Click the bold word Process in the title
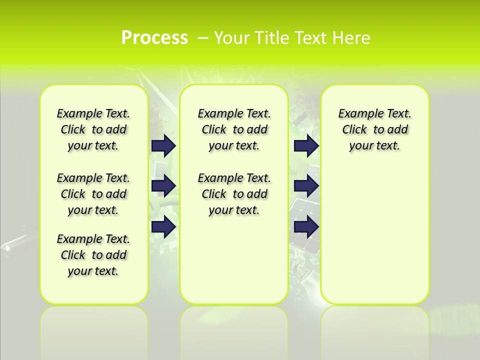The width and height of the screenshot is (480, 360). click(x=154, y=38)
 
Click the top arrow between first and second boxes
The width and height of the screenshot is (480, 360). click(x=163, y=145)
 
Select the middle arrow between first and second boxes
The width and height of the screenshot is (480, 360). click(x=163, y=186)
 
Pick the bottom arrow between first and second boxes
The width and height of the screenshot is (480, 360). click(x=163, y=226)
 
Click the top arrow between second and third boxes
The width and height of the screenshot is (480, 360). click(x=306, y=145)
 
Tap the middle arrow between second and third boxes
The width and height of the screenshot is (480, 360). click(x=306, y=186)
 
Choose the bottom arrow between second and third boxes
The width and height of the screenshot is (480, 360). click(x=306, y=226)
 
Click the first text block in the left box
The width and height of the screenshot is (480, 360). click(x=93, y=129)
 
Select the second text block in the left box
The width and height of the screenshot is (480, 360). click(x=93, y=194)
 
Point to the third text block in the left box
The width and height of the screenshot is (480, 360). click(x=93, y=255)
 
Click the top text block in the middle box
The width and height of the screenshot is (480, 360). click(x=234, y=129)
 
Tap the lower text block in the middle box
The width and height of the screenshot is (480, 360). click(x=234, y=194)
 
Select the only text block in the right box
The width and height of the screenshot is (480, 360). click(x=374, y=129)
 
